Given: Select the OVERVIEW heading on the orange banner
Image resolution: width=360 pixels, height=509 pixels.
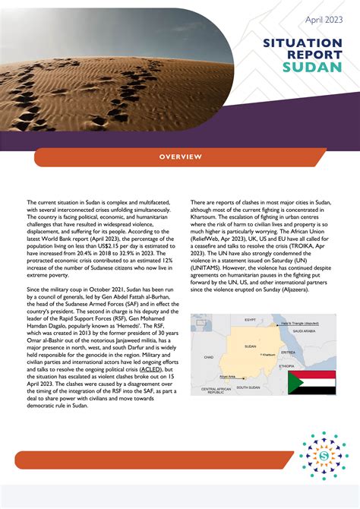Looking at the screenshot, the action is [180, 156].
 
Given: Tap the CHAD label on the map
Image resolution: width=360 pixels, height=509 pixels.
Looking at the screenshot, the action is [208, 356].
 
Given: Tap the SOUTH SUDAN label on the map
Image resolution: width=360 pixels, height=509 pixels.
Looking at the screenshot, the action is [248, 387].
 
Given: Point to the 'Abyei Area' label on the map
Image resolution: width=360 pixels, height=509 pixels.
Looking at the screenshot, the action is [227, 376].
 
